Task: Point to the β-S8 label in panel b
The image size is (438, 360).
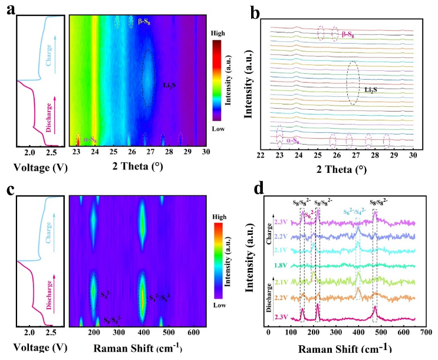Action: pyautogui.click(x=352, y=34)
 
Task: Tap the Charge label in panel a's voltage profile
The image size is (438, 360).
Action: pyautogui.click(x=52, y=44)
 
